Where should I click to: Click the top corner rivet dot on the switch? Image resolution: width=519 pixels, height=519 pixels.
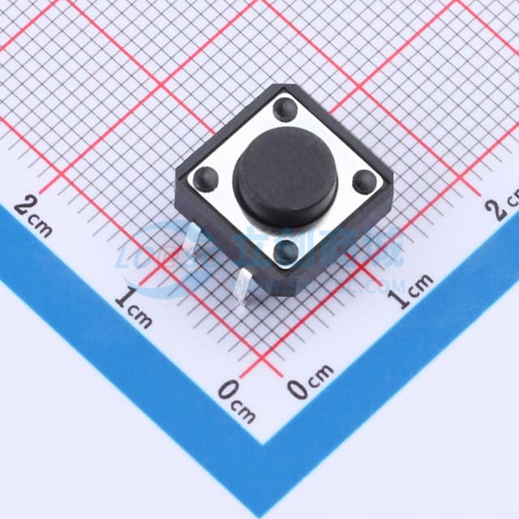pos(284,107)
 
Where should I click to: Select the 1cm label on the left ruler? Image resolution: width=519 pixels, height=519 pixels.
pos(133,307)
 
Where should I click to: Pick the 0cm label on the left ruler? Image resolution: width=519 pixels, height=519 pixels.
pos(236,401)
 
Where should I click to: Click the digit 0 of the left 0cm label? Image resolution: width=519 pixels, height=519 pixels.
pos(229,392)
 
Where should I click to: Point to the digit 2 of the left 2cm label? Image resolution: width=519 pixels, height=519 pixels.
pos(28,207)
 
